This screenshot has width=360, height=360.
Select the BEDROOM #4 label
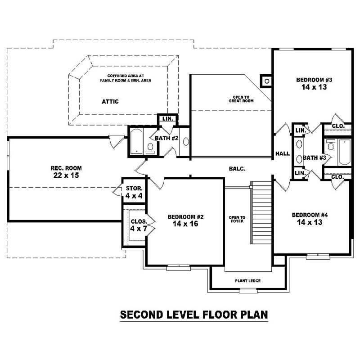310,215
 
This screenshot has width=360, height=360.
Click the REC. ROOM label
66,168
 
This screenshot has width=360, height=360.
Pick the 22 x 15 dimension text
66,175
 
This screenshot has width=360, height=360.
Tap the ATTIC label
110,102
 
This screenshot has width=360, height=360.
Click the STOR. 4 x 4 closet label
134,192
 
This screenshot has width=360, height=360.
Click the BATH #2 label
167,138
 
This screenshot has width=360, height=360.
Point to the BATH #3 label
314,157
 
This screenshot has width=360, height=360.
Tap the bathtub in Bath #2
136,142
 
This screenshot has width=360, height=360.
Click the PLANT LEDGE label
247,281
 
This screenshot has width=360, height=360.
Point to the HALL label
283,154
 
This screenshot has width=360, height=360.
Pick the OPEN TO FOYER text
237,220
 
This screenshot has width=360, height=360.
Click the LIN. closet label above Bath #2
167,119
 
